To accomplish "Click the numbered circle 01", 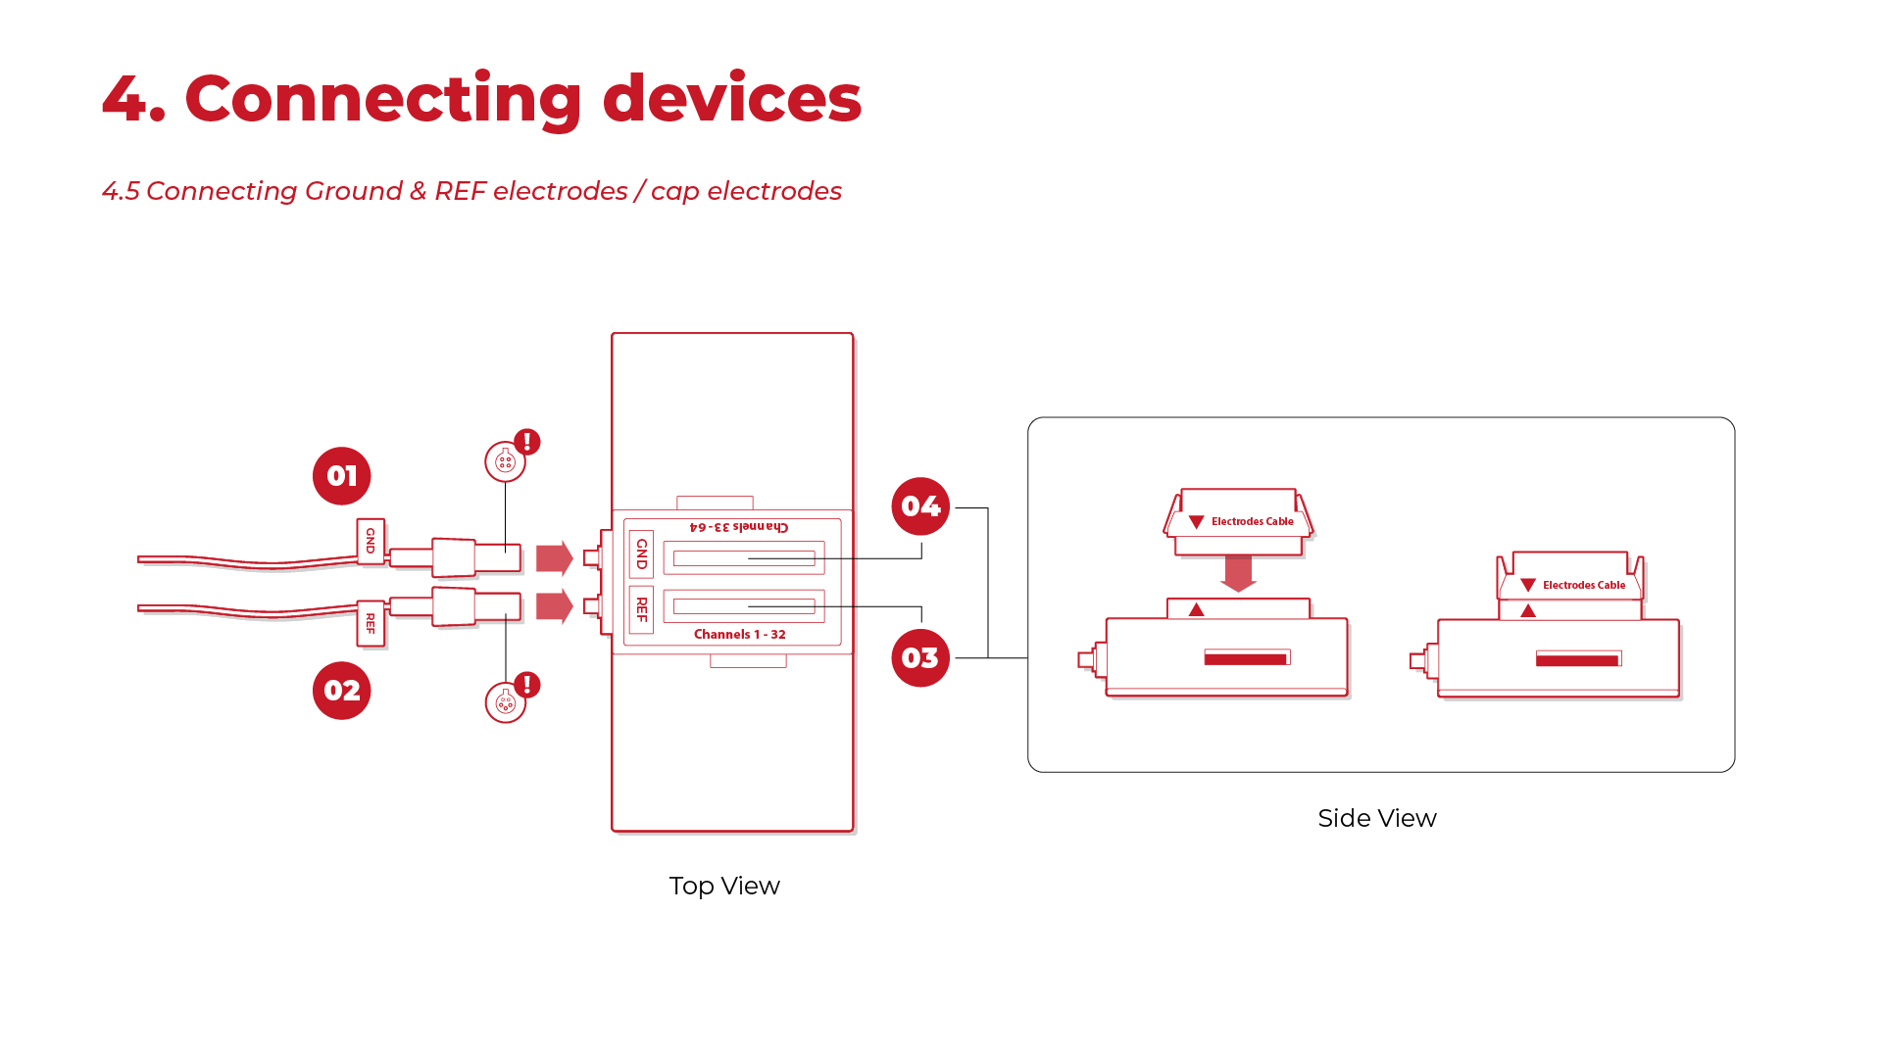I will tap(341, 476).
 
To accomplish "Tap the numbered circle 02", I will tap(341, 691).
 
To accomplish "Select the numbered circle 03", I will tap(920, 658).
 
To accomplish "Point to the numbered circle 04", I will tap(920, 506).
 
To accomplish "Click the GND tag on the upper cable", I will tap(371, 541).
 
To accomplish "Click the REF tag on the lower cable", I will tap(371, 623).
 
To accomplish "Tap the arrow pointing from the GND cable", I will tap(554, 558).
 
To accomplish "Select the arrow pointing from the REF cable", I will tap(554, 606).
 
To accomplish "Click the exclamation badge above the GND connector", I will tap(527, 442).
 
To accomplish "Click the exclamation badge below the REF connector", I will tap(527, 685).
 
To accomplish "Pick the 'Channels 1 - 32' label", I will tap(740, 635).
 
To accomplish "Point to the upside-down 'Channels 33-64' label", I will tap(739, 527).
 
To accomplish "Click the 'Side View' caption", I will tap(1377, 818).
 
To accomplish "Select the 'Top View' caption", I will tap(724, 886).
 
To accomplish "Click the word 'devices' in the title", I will tap(731, 98).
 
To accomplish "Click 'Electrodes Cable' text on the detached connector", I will tap(1252, 521).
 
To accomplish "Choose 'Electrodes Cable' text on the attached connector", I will tap(1583, 585).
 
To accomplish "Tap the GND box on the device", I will tap(642, 553).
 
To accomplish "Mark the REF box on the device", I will tap(642, 609).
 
